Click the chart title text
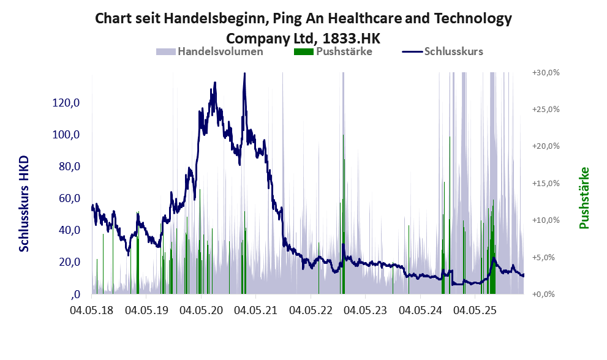coord(303,18)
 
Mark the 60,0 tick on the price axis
coord(68,198)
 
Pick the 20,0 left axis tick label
coord(68,262)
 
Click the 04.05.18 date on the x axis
coord(92,311)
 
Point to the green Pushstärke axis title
coord(584,198)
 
